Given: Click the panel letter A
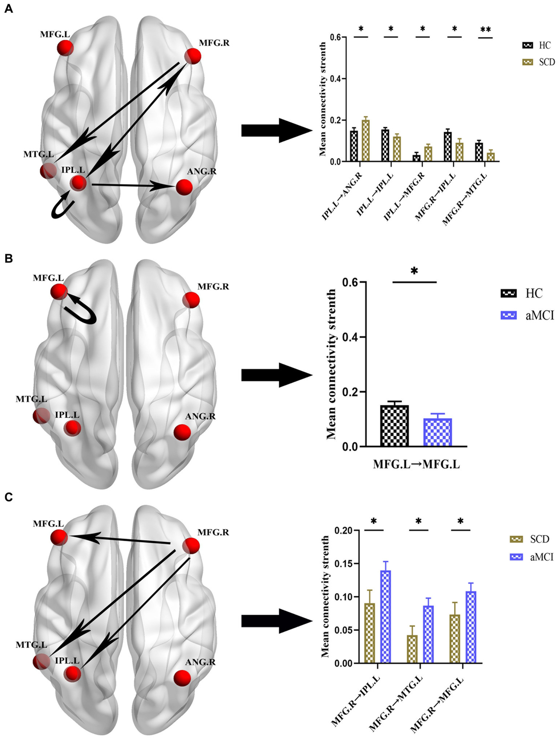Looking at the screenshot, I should pyautogui.click(x=8, y=9).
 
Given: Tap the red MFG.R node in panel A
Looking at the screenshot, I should pyautogui.click(x=192, y=56).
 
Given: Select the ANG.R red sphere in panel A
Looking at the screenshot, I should pyautogui.click(x=184, y=187).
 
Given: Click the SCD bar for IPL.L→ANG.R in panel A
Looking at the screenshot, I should pyautogui.click(x=365, y=141).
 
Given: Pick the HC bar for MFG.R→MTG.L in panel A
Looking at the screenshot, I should pyautogui.click(x=479, y=152).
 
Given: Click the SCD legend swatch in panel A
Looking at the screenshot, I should pyautogui.click(x=527, y=62).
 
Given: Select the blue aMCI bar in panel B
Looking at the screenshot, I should pyautogui.click(x=438, y=432).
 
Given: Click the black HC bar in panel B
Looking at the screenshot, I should pyautogui.click(x=394, y=426).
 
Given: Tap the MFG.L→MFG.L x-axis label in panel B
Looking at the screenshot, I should pyautogui.click(x=416, y=464).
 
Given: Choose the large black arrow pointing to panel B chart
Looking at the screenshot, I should pyautogui.click(x=276, y=376).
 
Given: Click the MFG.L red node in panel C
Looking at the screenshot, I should pyautogui.click(x=59, y=537).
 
